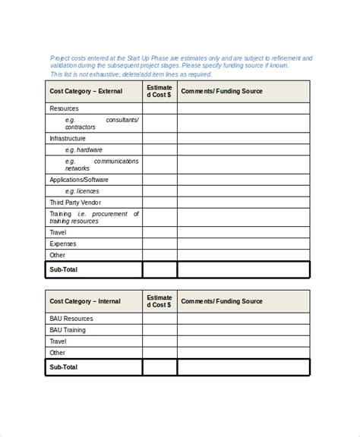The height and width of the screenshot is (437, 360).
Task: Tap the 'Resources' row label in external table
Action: [x=64, y=108]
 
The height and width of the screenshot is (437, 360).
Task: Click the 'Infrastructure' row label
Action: [x=68, y=139]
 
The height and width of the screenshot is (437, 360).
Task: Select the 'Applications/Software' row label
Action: [x=79, y=180]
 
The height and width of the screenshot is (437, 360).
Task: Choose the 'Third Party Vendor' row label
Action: [x=75, y=203]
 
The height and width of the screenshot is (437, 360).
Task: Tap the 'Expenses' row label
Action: [x=63, y=244]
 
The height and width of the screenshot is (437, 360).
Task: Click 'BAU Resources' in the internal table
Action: [x=71, y=319]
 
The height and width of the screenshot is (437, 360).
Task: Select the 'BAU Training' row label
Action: [x=68, y=331]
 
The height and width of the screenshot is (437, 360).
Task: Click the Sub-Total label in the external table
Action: [x=64, y=270]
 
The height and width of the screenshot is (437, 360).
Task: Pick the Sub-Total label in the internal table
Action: [x=64, y=367]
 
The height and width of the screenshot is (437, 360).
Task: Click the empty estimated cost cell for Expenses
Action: [x=159, y=244]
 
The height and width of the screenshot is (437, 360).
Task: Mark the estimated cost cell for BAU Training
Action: [x=159, y=331]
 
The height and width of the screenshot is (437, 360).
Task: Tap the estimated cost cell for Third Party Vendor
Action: [x=159, y=203]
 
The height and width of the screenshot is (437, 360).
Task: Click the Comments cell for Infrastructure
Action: [x=243, y=139]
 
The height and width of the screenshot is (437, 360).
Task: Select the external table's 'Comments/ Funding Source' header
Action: [x=222, y=92]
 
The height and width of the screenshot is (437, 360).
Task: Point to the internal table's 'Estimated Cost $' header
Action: [x=159, y=302]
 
